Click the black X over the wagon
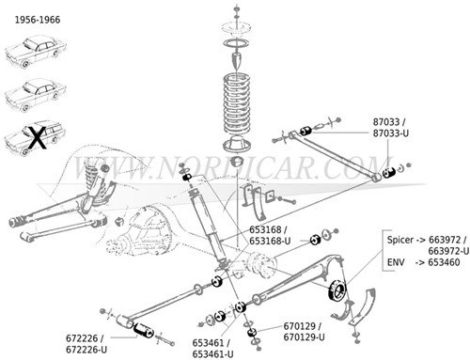[35, 139]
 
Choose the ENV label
[397, 264]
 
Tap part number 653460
[446, 264]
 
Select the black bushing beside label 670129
[252, 332]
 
